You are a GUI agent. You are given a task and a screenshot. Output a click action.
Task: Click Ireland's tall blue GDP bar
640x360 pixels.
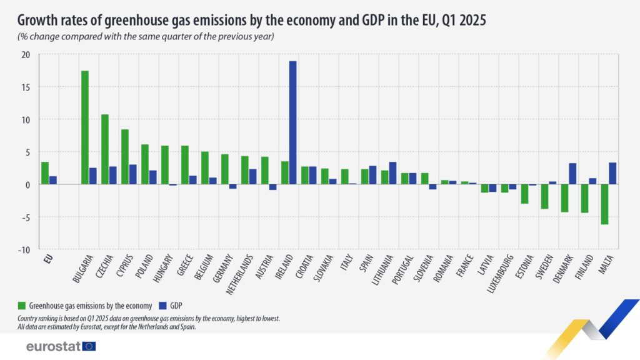click(292, 122)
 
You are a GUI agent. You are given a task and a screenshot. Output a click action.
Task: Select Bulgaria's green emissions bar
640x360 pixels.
click(85, 127)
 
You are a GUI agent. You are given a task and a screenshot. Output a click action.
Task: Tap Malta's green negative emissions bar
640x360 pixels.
click(604, 204)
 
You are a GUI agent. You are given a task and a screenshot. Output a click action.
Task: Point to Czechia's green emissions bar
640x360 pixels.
click(105, 149)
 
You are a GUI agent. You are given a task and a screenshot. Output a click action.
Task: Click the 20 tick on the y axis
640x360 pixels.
click(26, 54)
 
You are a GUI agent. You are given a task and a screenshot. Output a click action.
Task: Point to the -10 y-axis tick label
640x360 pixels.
click(24, 250)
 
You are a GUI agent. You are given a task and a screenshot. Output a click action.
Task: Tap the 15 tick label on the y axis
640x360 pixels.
click(26, 87)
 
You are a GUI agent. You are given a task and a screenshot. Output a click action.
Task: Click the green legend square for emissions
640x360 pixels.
click(21, 306)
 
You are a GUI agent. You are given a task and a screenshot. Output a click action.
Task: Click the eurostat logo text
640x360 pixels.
click(54, 346)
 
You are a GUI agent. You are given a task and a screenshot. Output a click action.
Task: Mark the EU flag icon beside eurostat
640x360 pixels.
click(89, 346)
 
